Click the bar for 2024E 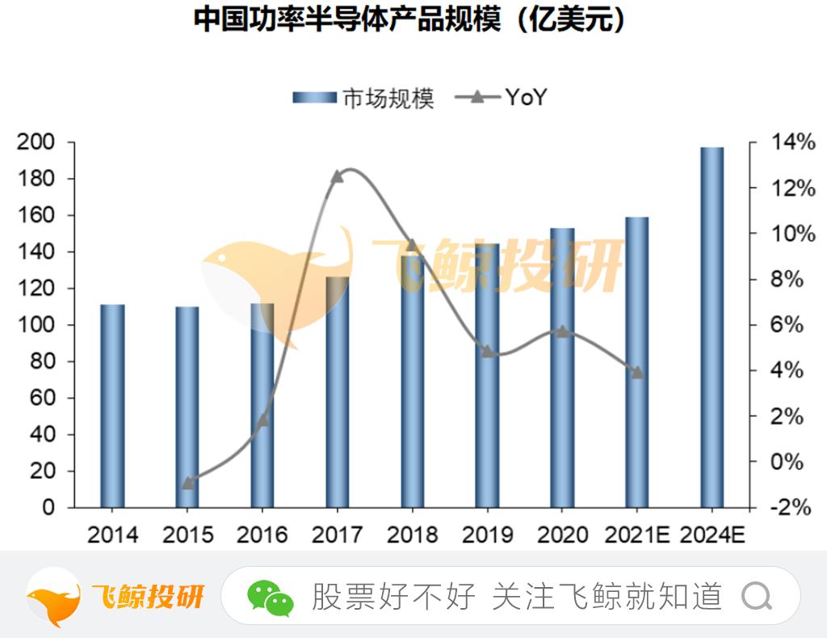coord(712,327)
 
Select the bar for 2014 coord(112,406)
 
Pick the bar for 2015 coord(187,407)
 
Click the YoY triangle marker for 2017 coord(338,175)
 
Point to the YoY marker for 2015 coord(187,483)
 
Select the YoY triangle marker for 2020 coord(562,331)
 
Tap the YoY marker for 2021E coord(636,372)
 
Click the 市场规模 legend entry coord(363,98)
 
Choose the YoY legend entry coord(502,98)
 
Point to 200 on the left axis coord(37,142)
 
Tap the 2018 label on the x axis coord(412,534)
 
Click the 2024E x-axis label coord(712,534)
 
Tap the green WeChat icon coord(270,598)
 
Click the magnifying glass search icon coord(757,597)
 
